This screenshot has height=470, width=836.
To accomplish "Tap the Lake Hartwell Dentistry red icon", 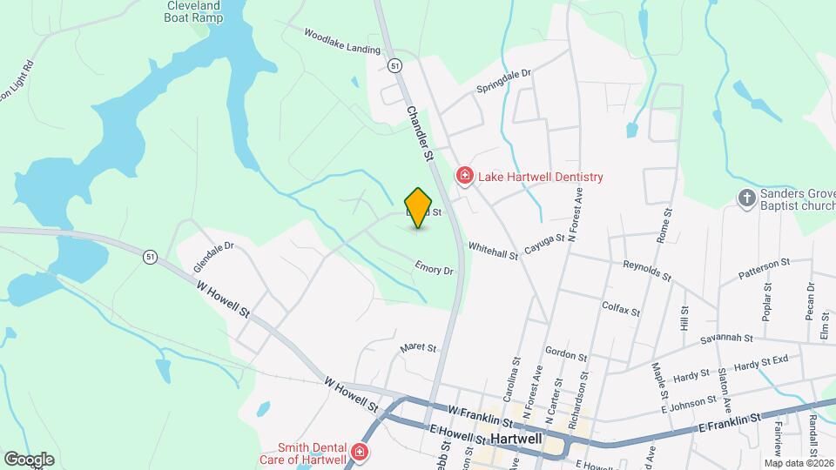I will (465, 177).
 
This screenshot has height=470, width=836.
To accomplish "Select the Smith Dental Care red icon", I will (359, 453).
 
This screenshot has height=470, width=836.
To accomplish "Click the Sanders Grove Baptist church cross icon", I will (745, 198).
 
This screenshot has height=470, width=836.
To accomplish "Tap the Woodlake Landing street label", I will (342, 42).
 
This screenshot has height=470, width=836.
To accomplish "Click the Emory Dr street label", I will (435, 271).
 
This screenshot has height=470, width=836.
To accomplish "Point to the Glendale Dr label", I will (215, 246).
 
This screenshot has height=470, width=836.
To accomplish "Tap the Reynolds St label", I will (647, 270).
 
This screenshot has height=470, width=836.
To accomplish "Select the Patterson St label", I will (764, 268).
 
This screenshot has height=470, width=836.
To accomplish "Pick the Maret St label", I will (417, 347).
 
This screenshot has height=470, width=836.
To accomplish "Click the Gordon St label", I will (567, 354).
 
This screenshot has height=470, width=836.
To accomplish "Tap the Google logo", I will (29, 459).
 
